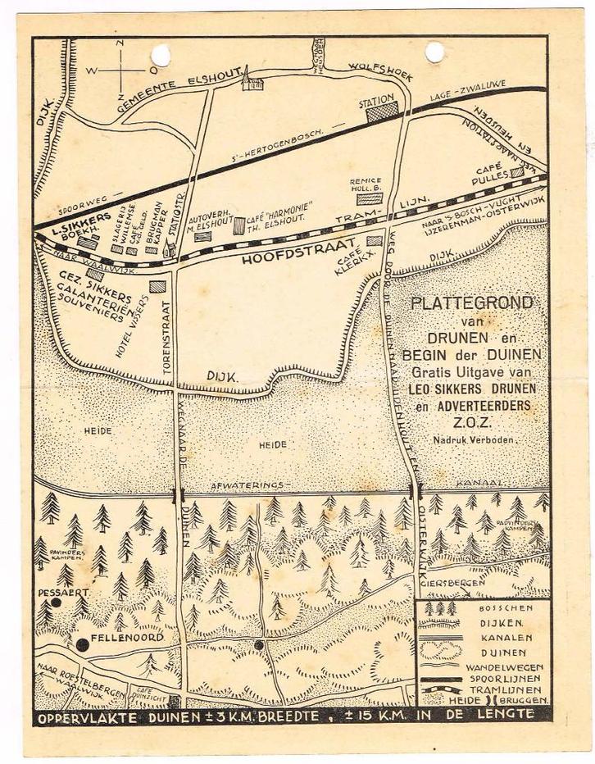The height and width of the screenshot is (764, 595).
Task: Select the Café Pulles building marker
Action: tap(517, 173)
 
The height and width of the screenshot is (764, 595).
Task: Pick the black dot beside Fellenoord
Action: tap(82, 644)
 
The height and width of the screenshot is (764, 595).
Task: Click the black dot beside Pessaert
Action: tap(56, 602)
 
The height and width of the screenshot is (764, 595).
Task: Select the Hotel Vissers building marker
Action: tap(157, 286)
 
